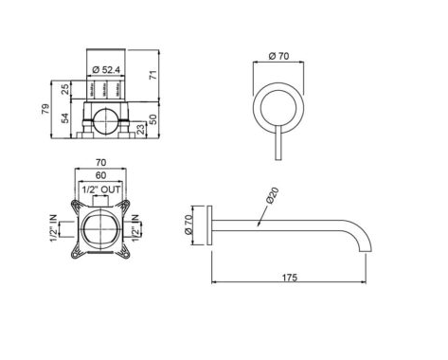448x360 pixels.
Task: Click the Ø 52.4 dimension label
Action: pos(106,70)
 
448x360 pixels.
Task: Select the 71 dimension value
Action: pos(152,75)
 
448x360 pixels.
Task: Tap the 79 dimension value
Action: pos(46,109)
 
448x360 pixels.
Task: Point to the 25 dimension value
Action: pos(65,89)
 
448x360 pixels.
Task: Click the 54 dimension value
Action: pos(65,118)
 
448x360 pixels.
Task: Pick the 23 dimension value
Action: pos(141,129)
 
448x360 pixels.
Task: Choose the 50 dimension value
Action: pos(152,119)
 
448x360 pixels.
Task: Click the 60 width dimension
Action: pos(100,174)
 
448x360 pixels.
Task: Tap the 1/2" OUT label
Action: pos(101,189)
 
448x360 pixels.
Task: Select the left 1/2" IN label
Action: pos(54,228)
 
